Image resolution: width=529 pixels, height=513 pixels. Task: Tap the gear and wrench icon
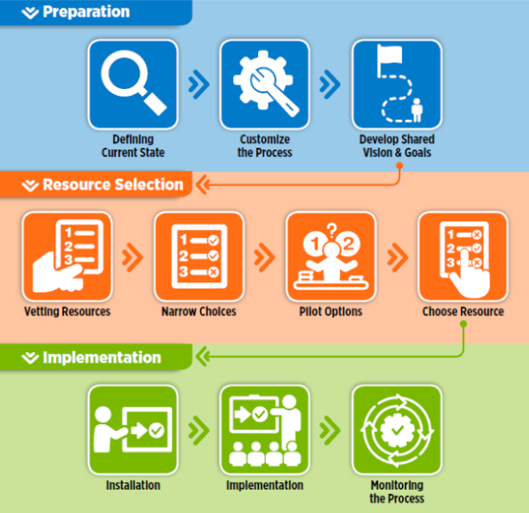pos(265,84)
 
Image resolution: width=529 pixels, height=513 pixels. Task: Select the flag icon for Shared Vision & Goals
pos(397,84)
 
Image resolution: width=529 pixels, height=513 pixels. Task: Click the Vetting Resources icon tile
pos(67,256)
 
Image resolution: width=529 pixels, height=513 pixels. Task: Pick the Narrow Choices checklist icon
pos(199,256)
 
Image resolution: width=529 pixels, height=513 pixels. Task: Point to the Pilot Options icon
pos(331,256)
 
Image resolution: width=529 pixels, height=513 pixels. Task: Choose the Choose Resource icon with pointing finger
pos(463,256)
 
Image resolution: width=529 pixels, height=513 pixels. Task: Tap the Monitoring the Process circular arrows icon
pos(397,429)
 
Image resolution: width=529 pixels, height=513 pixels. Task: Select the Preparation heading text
pos(85,12)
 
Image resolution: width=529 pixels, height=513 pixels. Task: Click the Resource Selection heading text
pos(112,185)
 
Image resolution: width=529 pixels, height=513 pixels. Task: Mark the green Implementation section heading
pos(101,358)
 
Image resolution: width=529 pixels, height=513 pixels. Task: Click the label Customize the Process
pos(265,146)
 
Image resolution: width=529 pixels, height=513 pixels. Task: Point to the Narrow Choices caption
pos(199,312)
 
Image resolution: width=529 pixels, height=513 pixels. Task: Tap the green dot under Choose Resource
pos(463,325)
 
